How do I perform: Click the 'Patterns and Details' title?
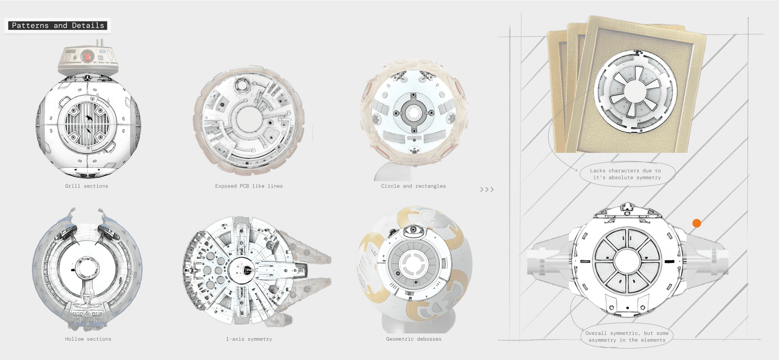click(58, 26)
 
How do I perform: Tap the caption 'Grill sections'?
click(86, 186)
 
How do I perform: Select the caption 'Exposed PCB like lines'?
click(249, 186)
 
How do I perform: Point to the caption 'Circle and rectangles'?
click(413, 186)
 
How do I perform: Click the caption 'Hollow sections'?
click(88, 339)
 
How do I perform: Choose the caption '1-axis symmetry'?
click(249, 339)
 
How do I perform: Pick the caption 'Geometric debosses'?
click(413, 339)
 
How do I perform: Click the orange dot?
click(697, 223)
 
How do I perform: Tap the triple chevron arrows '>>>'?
click(487, 189)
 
